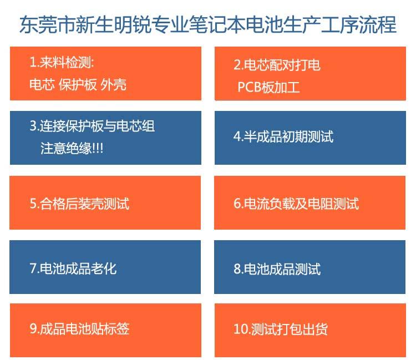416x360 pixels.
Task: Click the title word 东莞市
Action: pos(48,24)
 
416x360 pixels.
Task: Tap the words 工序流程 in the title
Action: pos(359,24)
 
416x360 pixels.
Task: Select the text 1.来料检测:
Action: pos(62,63)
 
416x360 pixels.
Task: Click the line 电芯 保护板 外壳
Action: pos(78,85)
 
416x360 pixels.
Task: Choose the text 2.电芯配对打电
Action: pos(277,65)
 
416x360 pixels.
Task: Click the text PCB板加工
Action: pos(268,87)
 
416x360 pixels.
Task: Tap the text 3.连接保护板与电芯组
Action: pos(92,126)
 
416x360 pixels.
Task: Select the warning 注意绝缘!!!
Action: pos(72,148)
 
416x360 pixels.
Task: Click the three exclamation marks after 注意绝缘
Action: pos(98,148)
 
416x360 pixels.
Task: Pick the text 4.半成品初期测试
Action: pos(283,136)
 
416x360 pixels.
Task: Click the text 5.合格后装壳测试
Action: pos(79,204)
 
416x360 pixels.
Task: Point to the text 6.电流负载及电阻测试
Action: pos(296,204)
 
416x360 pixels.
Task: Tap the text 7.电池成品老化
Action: pos(73,268)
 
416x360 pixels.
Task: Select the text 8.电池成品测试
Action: pos(277,268)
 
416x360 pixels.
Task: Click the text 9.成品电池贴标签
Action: pos(79,328)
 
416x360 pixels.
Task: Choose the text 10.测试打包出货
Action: pos(281,329)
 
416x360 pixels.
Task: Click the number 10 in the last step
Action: pos(240,329)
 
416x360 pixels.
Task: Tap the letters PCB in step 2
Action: pos(250,87)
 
